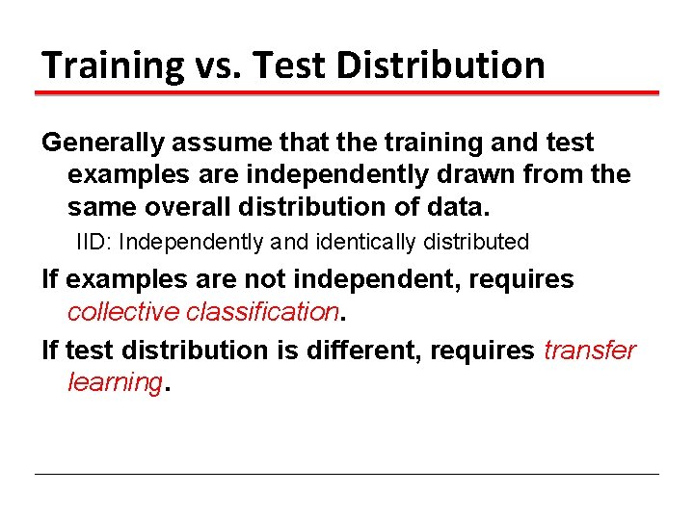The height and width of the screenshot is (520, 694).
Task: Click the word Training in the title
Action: [x=113, y=65]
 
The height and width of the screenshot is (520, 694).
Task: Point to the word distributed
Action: [x=476, y=242]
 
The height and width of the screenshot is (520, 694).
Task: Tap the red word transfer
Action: [x=590, y=350]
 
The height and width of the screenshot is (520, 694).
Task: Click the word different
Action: [x=365, y=350]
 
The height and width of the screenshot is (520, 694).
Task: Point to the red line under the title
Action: [x=347, y=93]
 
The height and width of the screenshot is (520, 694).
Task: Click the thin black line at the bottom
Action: [x=347, y=474]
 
